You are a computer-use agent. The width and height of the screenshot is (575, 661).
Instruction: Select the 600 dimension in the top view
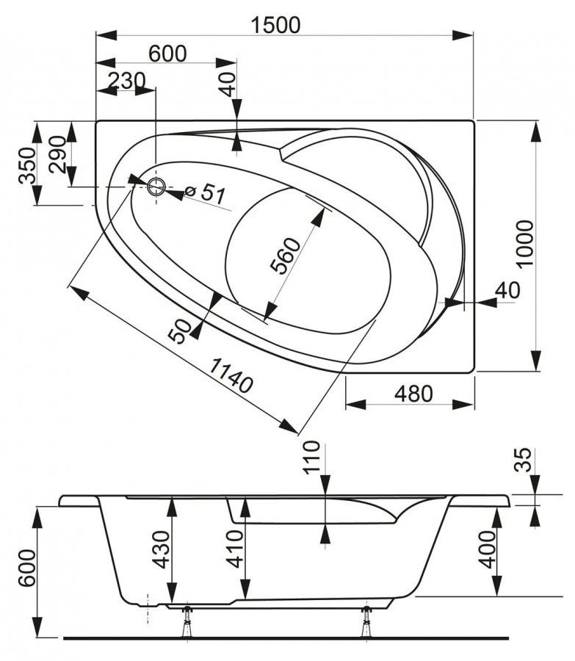pyautogui.click(x=167, y=54)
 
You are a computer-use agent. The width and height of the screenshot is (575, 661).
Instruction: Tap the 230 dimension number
pyautogui.click(x=126, y=80)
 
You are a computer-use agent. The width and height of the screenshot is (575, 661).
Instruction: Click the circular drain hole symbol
pyautogui.click(x=156, y=187)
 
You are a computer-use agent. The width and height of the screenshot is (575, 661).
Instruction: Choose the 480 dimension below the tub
pyautogui.click(x=413, y=394)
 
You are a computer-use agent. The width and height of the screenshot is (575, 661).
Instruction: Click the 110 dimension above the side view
pyautogui.click(x=313, y=457)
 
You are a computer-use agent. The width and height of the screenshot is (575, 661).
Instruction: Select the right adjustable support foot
pyautogui.click(x=365, y=621)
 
